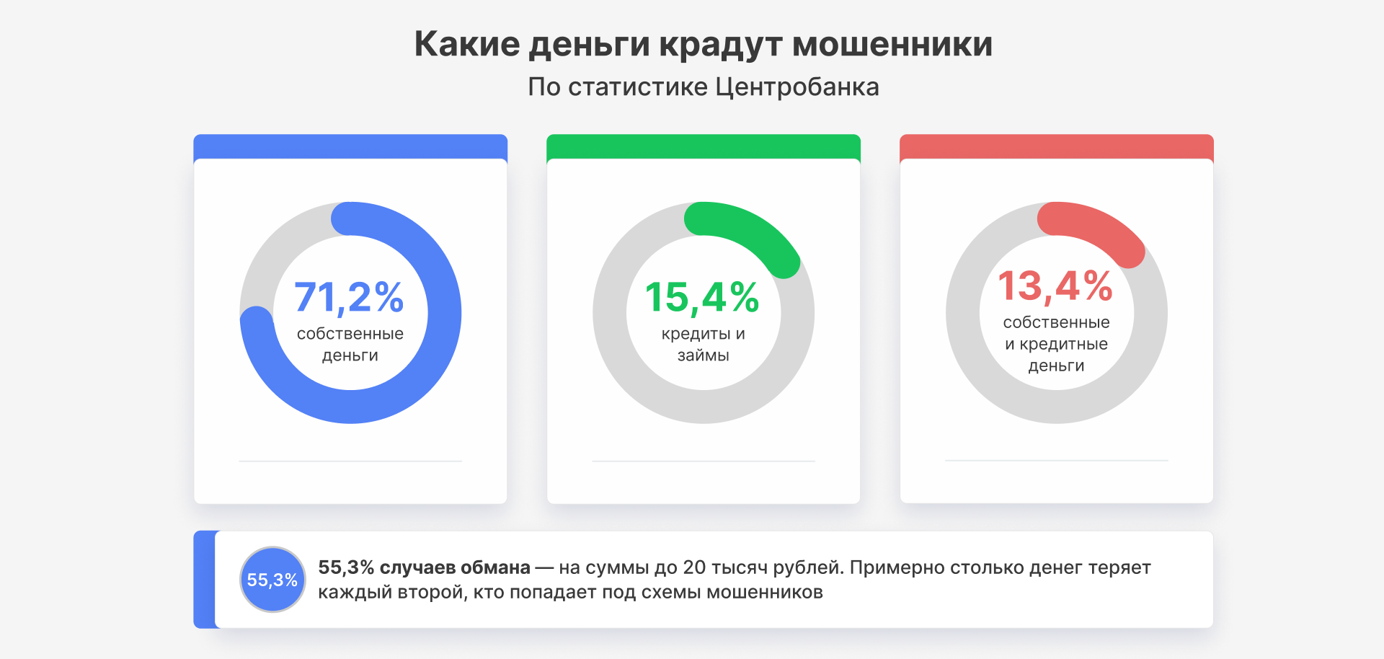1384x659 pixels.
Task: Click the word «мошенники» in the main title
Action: [892, 45]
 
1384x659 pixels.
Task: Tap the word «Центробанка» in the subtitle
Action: [797, 87]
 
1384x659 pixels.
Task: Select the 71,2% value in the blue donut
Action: [349, 297]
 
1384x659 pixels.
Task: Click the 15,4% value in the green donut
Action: [702, 297]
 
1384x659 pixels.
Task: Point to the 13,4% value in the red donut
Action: [1055, 286]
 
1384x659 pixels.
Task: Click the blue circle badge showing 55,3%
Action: [272, 580]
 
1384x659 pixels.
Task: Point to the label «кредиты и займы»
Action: [703, 345]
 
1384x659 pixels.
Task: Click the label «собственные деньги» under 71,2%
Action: [350, 345]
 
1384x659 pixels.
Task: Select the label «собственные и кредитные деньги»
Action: [1056, 344]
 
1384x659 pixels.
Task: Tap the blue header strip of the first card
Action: [350, 146]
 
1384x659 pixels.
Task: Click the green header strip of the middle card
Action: [704, 146]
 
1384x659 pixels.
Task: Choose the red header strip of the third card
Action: [1057, 146]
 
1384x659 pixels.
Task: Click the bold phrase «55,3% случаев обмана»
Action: [424, 568]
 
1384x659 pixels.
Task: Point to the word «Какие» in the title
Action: [466, 45]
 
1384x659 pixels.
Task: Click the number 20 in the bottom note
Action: [694, 568]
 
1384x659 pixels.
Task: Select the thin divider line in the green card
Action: [704, 461]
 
